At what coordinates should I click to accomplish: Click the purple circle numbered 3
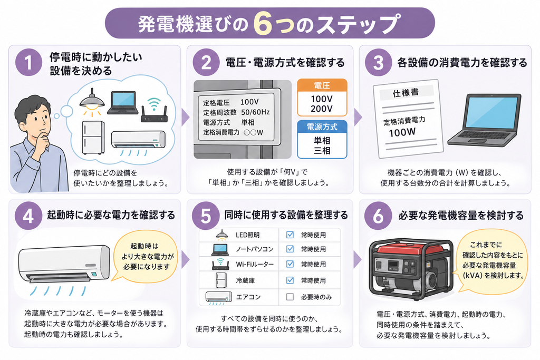[378, 62]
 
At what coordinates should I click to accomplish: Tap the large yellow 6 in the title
[263, 24]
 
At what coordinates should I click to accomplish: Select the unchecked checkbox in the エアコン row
[290, 297]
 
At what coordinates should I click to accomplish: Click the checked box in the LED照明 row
[290, 235]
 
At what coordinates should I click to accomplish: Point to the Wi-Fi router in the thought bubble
[154, 110]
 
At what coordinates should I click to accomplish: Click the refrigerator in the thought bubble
[93, 138]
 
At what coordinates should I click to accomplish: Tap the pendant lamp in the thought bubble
[92, 100]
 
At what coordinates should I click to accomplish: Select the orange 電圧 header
[322, 86]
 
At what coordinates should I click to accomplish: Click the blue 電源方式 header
[322, 127]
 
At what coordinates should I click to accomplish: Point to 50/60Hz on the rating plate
[255, 112]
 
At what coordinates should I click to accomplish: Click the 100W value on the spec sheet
[402, 132]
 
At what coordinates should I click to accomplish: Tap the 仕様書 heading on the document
[406, 93]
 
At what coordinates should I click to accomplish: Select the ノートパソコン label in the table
[255, 249]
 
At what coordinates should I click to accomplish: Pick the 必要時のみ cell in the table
[316, 297]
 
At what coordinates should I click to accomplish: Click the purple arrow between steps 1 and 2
[185, 118]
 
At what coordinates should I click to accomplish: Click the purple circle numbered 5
[206, 216]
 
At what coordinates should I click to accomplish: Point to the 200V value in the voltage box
[322, 109]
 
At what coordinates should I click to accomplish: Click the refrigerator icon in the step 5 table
[221, 280]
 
